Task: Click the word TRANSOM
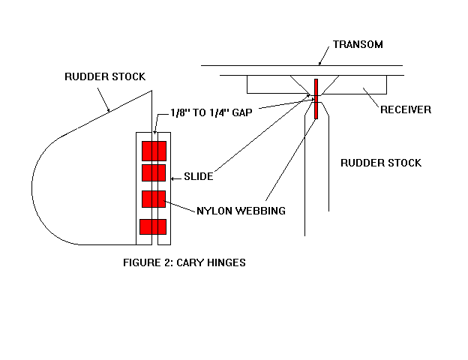358,44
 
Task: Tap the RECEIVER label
406,109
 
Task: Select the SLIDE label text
200,176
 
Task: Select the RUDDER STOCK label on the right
381,162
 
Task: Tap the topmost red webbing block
154,150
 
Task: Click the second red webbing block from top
154,173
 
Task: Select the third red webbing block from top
154,199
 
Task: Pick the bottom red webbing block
153,226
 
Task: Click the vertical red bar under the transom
316,98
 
